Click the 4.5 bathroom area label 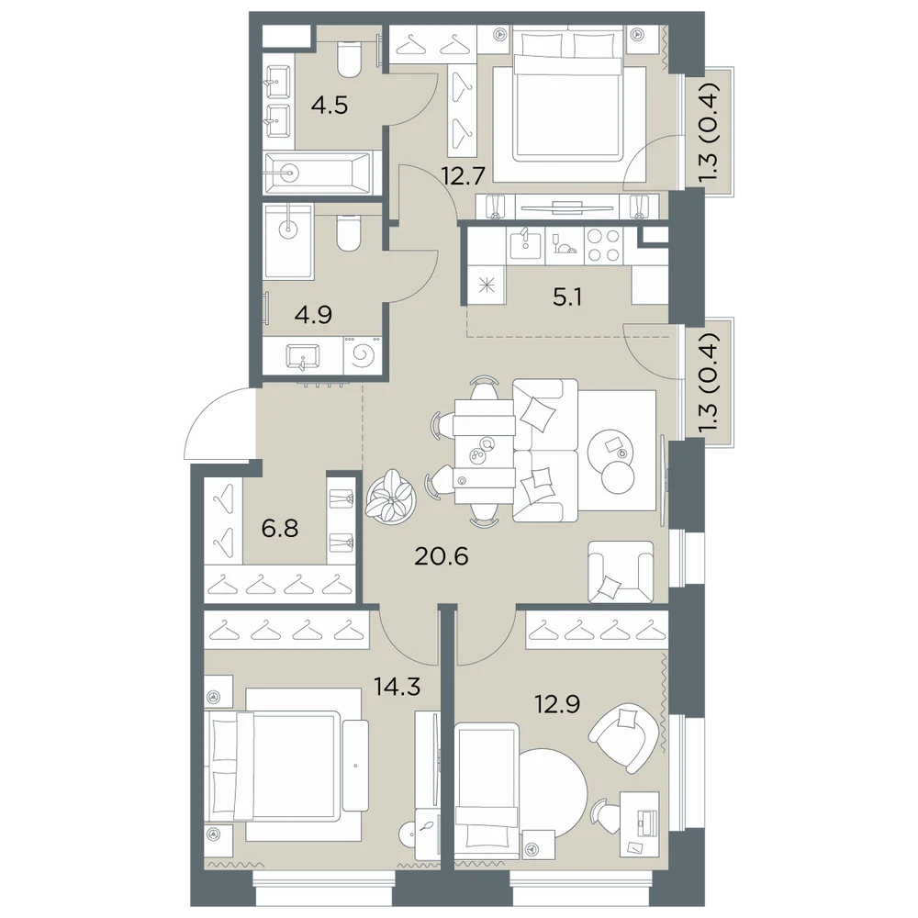coord(330,106)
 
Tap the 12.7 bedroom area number coord(464,175)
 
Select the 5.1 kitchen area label coord(567,298)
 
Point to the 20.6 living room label coord(442,557)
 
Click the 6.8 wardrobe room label coord(280,528)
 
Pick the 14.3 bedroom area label coord(397,686)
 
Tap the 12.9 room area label coord(557,704)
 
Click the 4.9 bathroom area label coord(313,315)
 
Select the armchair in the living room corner coord(621,572)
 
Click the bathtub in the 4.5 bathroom coord(318,173)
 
